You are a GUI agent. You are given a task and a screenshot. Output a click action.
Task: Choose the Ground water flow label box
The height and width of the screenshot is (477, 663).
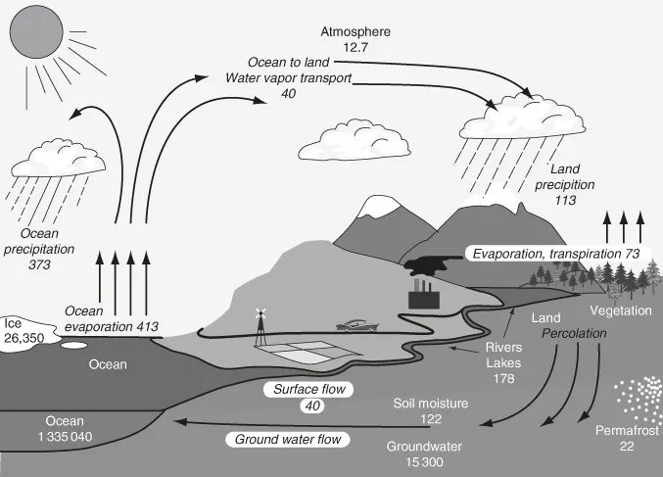[288, 439]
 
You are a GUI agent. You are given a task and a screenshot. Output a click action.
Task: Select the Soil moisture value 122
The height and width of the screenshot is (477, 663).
[432, 418]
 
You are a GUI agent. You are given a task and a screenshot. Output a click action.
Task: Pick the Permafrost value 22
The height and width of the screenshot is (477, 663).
[627, 446]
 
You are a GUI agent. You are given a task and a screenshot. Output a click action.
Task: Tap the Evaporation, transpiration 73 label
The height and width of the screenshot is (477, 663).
[555, 254]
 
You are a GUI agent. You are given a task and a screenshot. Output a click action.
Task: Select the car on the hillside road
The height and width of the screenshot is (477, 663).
[355, 324]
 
